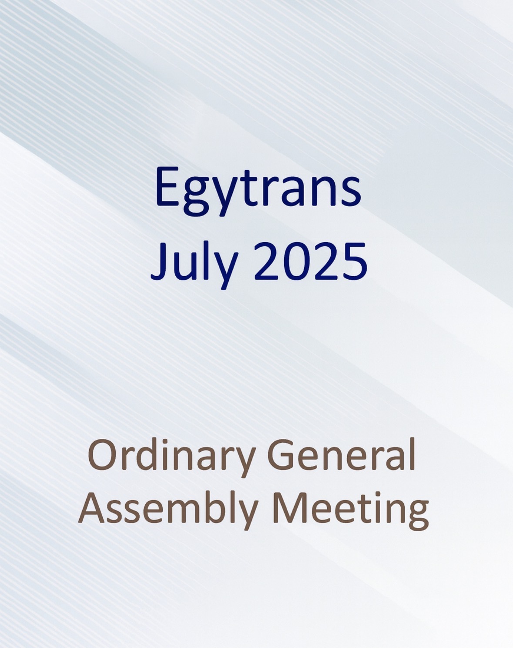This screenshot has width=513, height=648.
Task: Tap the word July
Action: click(x=193, y=263)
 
